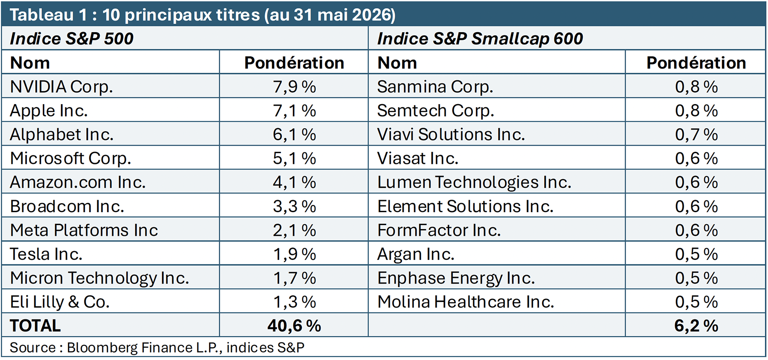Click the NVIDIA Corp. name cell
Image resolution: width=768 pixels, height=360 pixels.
click(x=61, y=87)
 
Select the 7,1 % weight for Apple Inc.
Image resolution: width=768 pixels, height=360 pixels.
click(x=294, y=111)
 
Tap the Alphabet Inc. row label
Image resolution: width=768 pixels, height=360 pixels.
click(x=62, y=134)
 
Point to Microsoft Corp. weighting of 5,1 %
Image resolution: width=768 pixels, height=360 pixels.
click(x=294, y=159)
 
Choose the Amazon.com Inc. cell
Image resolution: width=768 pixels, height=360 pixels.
click(x=78, y=182)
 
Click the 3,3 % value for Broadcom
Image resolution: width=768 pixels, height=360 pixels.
click(x=294, y=206)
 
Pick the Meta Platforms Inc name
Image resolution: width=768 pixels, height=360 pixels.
click(x=84, y=230)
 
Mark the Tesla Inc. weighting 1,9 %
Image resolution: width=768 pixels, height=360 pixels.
click(x=294, y=254)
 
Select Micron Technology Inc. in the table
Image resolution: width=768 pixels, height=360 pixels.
click(x=100, y=278)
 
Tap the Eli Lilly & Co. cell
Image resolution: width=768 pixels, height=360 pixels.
click(x=60, y=302)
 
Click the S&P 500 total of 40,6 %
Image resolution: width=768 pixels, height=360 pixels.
click(x=294, y=326)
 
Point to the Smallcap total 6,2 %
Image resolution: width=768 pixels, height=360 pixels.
click(x=696, y=326)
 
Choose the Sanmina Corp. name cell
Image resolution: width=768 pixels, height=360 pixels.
click(x=435, y=87)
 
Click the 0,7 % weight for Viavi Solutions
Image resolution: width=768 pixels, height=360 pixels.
click(x=696, y=134)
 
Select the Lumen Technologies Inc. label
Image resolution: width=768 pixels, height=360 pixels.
click(x=474, y=182)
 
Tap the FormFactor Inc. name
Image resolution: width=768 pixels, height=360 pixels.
click(x=439, y=230)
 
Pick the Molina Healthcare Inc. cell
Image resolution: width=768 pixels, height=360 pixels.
click(x=466, y=302)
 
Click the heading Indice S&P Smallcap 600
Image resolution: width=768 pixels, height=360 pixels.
click(x=480, y=38)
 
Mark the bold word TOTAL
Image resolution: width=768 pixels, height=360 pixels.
click(x=35, y=326)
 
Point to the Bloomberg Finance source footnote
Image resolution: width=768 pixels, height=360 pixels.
click(x=157, y=347)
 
